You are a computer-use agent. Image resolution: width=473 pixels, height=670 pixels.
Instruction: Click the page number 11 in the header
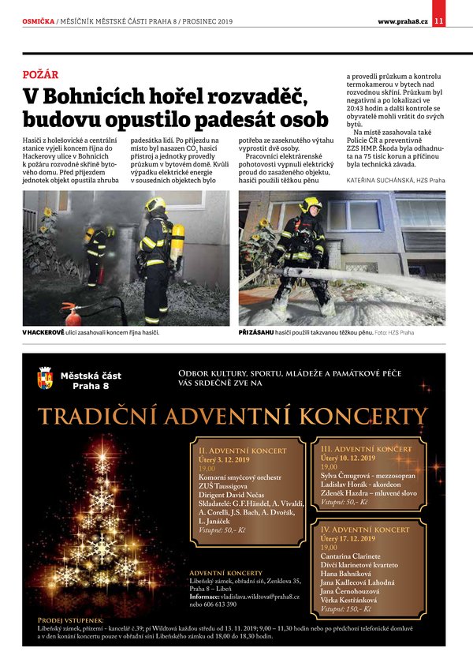(x=439, y=21)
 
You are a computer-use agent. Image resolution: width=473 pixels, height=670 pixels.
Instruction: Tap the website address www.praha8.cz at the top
(x=402, y=21)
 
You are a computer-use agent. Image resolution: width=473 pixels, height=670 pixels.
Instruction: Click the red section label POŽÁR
(x=40, y=75)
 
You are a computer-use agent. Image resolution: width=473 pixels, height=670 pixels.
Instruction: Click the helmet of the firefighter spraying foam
(x=310, y=204)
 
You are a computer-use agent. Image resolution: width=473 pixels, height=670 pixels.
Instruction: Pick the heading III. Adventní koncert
(x=367, y=448)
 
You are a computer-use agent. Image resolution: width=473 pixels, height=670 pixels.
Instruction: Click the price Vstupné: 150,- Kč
(x=346, y=609)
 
